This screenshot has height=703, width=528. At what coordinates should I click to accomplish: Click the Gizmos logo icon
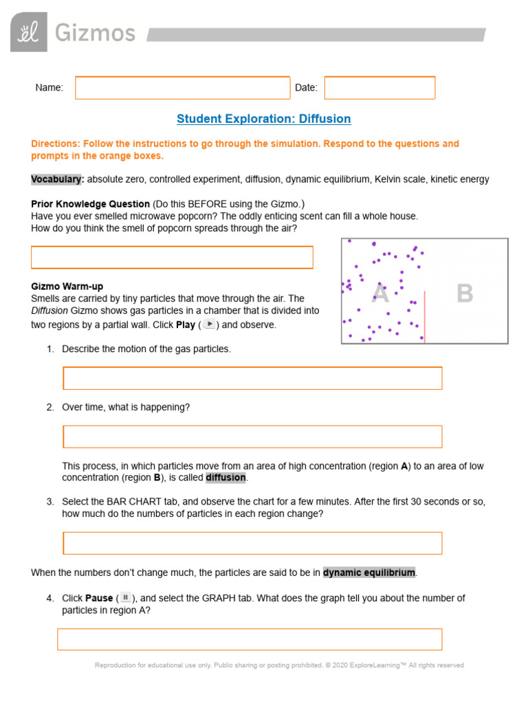[29, 32]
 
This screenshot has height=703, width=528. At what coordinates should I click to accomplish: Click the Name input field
[182, 88]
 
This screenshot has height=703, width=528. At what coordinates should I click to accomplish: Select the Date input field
[379, 88]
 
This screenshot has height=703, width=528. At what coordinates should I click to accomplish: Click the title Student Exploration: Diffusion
[263, 119]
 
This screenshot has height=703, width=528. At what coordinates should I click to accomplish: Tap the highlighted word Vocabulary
[58, 179]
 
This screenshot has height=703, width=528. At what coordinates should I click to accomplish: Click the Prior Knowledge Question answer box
[172, 257]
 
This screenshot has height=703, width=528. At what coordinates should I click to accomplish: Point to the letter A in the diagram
[380, 294]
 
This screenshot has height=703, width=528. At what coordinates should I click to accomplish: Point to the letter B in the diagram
[465, 294]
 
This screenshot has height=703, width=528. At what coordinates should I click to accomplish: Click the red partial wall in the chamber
[424, 316]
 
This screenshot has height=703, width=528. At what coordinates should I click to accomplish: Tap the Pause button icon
[125, 597]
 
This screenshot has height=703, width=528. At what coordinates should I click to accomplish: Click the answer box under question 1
[252, 378]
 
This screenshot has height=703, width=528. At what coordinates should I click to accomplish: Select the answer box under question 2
[252, 437]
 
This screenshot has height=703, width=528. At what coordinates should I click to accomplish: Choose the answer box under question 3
[252, 542]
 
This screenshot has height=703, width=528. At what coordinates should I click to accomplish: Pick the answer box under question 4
[249, 638]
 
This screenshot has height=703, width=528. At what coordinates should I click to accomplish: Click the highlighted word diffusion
[225, 478]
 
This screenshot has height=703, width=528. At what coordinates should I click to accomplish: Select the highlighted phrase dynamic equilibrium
[369, 572]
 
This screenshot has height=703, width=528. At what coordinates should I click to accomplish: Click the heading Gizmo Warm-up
[67, 286]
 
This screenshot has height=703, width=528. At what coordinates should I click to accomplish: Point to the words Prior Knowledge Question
[90, 204]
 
